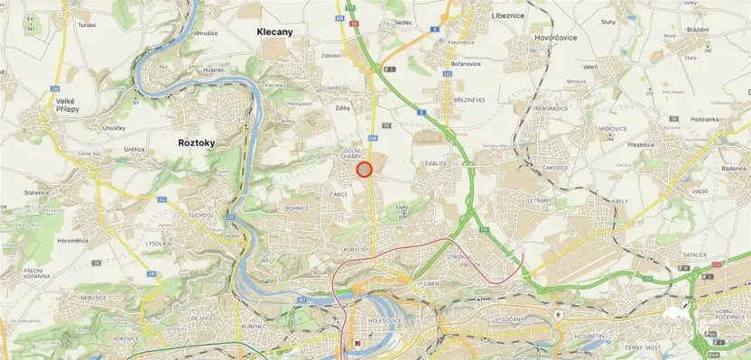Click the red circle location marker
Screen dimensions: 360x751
pyautogui.click(x=365, y=170)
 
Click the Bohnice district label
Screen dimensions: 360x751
pyautogui.click(x=297, y=208)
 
